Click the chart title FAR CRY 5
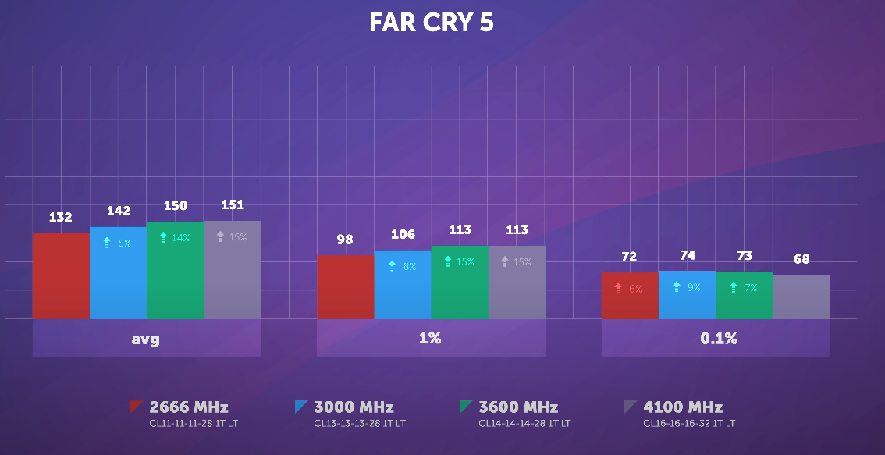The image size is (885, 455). click(x=432, y=23)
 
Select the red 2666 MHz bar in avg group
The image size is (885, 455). click(x=61, y=276)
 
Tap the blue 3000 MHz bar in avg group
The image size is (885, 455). click(x=118, y=273)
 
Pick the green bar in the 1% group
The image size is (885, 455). click(x=460, y=283)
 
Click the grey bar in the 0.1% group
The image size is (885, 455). click(x=801, y=297)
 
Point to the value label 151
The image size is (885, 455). click(x=233, y=205)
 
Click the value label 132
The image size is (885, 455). click(x=61, y=218)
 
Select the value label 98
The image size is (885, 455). click(x=345, y=240)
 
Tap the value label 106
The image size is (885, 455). click(x=403, y=235)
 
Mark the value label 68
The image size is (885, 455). click(x=801, y=259)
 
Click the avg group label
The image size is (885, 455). click(x=146, y=339)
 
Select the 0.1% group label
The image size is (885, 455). click(x=715, y=339)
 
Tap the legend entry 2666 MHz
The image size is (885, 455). click(x=188, y=407)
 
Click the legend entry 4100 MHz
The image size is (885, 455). click(x=683, y=407)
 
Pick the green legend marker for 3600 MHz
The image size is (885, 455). click(x=467, y=406)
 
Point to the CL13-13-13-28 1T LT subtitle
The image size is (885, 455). click(x=360, y=424)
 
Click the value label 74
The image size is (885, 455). click(x=687, y=255)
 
